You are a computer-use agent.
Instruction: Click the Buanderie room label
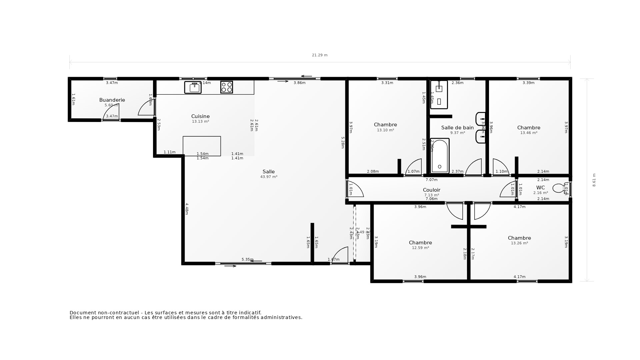[x=112, y=100]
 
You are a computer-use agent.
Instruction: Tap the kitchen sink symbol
[x=193, y=87]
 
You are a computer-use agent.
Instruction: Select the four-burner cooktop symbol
[x=227, y=87]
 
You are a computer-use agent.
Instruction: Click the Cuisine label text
[x=200, y=116]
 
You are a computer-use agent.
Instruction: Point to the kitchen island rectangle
[x=202, y=146]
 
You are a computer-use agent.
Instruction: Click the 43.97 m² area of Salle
[x=269, y=177]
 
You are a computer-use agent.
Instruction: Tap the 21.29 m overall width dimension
[x=320, y=55]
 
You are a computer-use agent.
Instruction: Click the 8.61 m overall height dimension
[x=594, y=180]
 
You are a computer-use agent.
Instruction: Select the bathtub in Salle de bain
[x=439, y=156]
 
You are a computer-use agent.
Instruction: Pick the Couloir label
[x=431, y=190]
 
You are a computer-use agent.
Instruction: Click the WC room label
[x=540, y=188]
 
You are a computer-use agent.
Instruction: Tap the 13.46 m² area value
[x=529, y=133]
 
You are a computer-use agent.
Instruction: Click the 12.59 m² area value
[x=420, y=248]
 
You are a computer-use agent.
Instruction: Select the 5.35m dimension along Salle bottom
[x=247, y=259]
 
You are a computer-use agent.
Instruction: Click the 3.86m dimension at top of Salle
[x=299, y=83]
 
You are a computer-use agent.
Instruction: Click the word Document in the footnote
[x=82, y=313]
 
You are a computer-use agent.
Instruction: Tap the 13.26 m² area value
[x=519, y=243]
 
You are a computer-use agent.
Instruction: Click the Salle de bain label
[x=457, y=128]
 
